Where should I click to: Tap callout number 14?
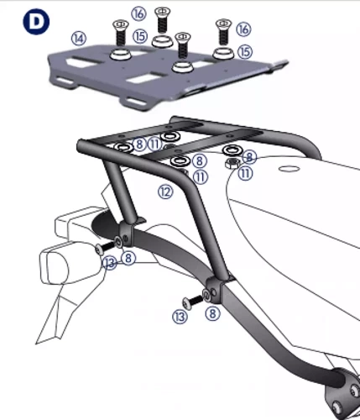point(79,38)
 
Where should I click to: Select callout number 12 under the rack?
point(165,192)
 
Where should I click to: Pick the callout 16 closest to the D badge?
point(138,13)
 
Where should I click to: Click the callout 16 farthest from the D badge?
point(244,29)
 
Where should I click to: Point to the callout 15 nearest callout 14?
point(139,37)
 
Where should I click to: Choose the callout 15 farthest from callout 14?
point(245,51)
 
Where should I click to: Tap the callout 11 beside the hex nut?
point(245,174)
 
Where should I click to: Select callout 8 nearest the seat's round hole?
point(250,156)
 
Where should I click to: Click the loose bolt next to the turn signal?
point(102,249)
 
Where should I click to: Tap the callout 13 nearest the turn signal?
point(109,263)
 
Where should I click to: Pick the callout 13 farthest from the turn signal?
point(179,316)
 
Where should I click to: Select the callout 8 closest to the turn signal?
point(128,259)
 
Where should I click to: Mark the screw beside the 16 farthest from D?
point(222,32)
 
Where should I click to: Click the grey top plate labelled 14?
point(168,76)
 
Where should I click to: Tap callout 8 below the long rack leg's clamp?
point(212,313)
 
